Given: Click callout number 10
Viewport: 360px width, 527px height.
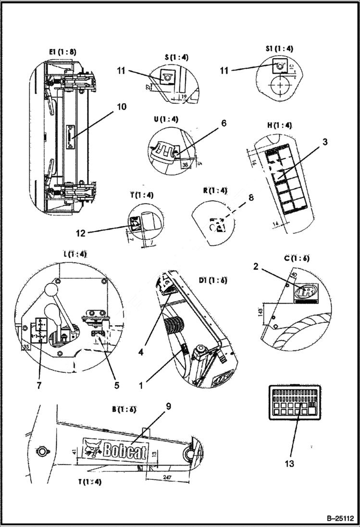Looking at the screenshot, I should tap(122, 107).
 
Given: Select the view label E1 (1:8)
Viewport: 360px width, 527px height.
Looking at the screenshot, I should tap(62, 51).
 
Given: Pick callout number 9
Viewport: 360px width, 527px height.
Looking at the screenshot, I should tap(169, 406).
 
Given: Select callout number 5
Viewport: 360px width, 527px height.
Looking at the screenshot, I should tap(116, 385).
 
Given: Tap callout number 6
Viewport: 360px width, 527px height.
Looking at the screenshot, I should tap(223, 123).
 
